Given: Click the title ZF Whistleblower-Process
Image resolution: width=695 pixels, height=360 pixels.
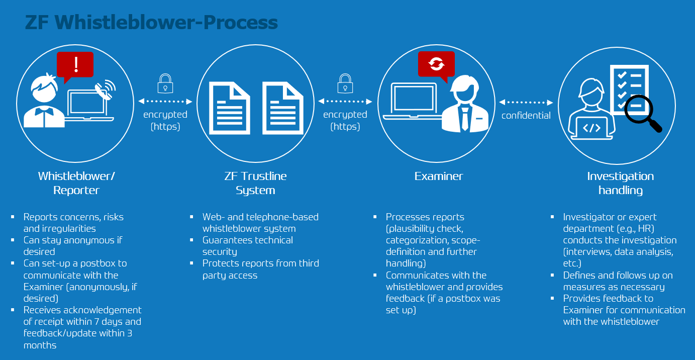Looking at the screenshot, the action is point(151,22).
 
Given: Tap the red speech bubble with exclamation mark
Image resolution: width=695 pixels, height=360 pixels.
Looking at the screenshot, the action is point(75,66).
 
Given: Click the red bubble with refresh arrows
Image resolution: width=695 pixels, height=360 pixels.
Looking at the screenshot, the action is point(436,65).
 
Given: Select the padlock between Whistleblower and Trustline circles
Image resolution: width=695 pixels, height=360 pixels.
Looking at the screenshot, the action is point(165,83).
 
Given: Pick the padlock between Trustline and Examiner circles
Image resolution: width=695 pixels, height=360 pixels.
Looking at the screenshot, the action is point(345,83).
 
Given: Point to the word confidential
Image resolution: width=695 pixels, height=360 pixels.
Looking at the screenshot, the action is point(526,116).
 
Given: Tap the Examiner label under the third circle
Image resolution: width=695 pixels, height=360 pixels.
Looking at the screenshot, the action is point(439,176).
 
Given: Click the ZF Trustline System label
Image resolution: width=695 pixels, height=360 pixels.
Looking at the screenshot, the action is point(255,183).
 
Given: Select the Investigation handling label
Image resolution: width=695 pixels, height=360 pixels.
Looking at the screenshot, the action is point(621,183).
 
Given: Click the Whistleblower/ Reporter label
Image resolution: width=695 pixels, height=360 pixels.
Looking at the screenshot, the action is point(76,183).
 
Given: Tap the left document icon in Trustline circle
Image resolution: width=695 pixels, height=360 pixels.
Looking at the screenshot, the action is point(230,108).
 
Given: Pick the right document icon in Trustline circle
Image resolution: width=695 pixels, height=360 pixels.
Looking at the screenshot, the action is point(283,108).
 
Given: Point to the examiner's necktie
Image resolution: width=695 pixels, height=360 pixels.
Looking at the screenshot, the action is point(465,119).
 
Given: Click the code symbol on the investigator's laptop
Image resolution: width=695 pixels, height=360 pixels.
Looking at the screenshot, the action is point(591,128).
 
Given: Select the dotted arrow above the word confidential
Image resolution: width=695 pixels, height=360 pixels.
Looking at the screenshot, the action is point(526,103).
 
